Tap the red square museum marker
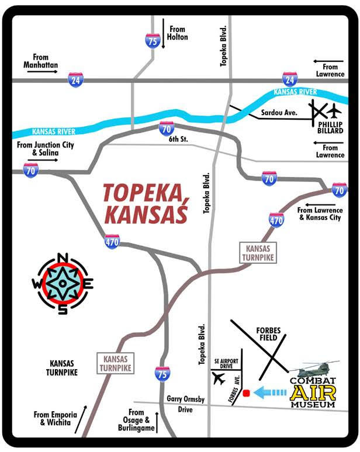click(x=247, y=392)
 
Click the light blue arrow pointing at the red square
click(x=272, y=392)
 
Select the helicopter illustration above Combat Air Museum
click(x=314, y=369)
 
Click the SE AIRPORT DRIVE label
click(x=226, y=366)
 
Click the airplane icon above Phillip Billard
click(x=334, y=110)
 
